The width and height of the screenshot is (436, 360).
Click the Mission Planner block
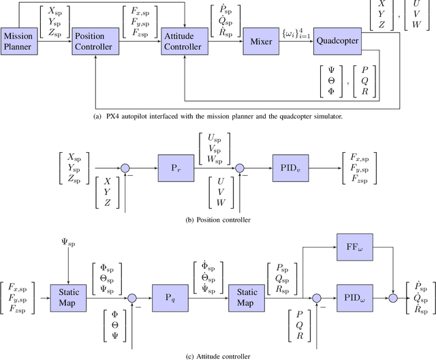click(x=18, y=41)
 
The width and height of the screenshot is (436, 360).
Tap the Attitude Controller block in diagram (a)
click(x=183, y=41)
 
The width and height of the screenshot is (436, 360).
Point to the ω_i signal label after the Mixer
click(x=292, y=33)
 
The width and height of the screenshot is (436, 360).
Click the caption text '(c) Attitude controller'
click(x=217, y=355)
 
